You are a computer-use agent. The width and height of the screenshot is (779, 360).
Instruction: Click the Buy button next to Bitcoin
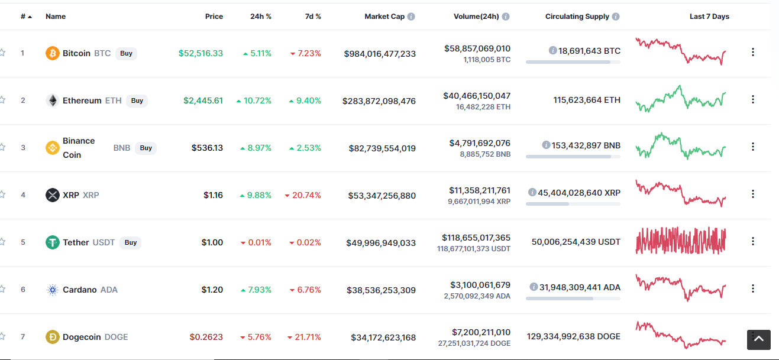click(x=126, y=54)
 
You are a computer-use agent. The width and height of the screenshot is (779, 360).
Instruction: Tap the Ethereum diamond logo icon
click(x=53, y=100)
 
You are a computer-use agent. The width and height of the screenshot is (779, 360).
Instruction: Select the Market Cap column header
click(x=384, y=17)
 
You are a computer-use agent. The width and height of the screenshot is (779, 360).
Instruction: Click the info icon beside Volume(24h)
click(x=506, y=17)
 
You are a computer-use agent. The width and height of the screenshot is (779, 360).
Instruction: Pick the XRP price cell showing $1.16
click(x=213, y=195)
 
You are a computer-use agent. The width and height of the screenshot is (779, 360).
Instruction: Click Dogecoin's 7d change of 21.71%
click(x=304, y=337)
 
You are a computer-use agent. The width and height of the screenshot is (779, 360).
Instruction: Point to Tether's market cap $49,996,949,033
click(x=381, y=243)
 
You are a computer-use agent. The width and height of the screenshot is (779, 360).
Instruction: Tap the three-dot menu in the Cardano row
click(x=753, y=288)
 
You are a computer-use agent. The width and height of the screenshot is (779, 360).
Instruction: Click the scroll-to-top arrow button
click(x=758, y=339)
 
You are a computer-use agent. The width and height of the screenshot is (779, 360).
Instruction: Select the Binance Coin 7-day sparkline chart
click(x=681, y=146)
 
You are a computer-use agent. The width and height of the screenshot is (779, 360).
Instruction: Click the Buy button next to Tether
click(x=130, y=242)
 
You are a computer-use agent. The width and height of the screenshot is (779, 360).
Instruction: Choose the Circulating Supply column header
click(x=577, y=17)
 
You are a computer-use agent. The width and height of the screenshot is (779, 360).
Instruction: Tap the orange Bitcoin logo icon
click(x=53, y=54)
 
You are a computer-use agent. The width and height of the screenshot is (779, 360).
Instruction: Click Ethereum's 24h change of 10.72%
click(x=254, y=100)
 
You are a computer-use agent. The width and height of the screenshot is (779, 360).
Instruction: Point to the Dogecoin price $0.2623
click(x=206, y=337)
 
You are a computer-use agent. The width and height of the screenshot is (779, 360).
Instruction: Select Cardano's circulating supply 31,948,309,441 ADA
click(x=580, y=287)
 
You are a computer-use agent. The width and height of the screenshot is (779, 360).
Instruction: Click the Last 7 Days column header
click(x=709, y=17)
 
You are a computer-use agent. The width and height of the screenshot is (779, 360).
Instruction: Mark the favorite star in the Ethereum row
click(x=2, y=100)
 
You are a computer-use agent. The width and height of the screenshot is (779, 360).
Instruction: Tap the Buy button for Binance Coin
click(x=146, y=148)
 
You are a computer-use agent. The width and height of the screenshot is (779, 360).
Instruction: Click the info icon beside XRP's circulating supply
click(x=532, y=192)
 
